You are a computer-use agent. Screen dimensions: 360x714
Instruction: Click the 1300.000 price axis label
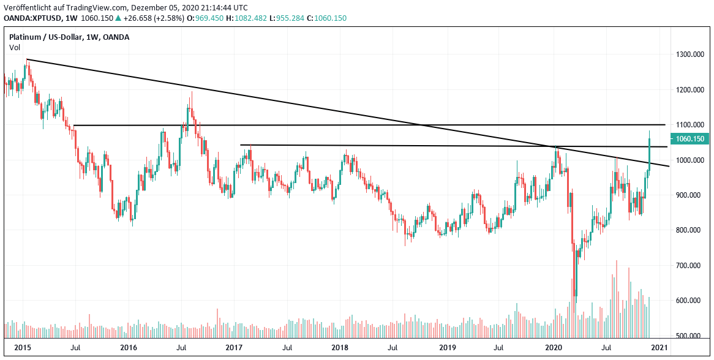[688, 55]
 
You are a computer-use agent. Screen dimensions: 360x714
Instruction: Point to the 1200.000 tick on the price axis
[688, 90]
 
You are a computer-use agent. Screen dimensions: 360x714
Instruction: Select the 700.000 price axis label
[688, 266]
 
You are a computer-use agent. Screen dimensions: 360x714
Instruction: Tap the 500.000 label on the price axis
[688, 336]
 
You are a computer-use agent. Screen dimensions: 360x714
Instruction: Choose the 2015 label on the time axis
[23, 348]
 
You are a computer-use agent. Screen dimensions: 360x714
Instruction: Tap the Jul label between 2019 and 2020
[499, 348]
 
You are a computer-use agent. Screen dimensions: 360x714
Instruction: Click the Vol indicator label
[14, 47]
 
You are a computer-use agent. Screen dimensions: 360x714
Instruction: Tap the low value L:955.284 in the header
[290, 18]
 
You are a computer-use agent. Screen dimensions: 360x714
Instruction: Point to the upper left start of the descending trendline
[27, 59]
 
